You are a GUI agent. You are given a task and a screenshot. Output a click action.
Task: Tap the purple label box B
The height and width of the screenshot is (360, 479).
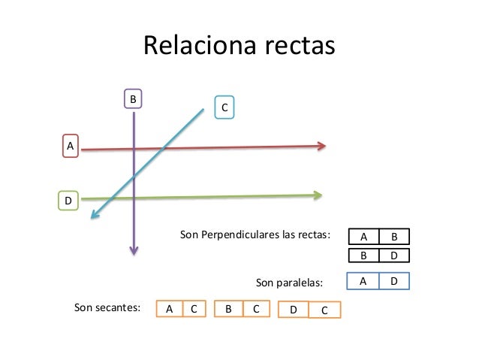133,99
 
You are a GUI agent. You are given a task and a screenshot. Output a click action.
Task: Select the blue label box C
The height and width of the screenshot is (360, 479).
224,107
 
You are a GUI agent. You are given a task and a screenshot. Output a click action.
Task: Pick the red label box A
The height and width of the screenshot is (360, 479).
71,145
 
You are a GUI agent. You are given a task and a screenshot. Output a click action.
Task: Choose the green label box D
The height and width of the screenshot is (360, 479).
68,201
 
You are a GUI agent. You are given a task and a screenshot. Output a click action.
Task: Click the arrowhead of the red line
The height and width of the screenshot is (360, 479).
322,146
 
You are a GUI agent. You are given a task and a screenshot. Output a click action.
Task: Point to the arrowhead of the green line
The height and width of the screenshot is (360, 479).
318,195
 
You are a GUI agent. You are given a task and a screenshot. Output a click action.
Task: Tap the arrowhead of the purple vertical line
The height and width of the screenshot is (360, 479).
134,250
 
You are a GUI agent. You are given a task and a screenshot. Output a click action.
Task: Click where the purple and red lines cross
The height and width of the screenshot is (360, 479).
134,150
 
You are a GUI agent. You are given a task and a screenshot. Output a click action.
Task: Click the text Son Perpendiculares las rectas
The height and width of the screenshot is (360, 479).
255,235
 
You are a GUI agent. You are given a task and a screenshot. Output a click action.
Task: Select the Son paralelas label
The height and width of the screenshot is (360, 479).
289,283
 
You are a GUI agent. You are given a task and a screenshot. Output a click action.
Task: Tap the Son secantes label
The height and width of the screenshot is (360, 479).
107,307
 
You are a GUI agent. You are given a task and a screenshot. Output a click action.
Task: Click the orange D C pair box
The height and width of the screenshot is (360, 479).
309,310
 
